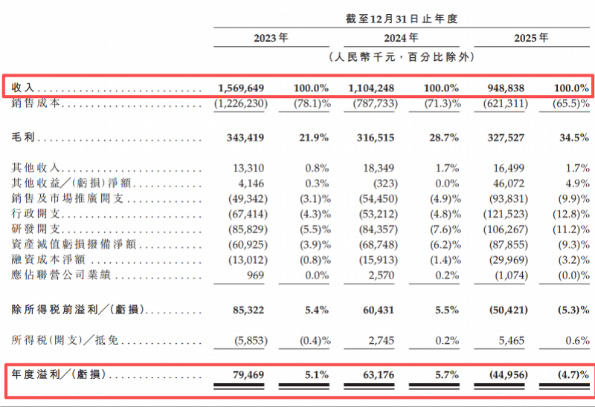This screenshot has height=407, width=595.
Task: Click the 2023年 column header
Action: point(271,38)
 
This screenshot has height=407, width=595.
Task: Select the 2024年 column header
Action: point(401,38)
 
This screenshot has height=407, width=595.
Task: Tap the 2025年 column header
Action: point(531,38)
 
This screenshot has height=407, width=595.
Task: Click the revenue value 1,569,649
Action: point(241,88)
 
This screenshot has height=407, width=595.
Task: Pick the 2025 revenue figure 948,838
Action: point(506,88)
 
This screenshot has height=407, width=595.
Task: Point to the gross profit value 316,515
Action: point(376,137)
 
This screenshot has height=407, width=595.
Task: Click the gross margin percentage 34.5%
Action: point(574,137)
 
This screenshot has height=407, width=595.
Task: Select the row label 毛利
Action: point(23,137)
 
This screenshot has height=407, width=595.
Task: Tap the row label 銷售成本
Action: point(36,103)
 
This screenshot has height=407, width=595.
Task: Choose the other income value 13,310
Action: point(248,168)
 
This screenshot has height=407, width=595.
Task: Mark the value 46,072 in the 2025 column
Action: point(509,183)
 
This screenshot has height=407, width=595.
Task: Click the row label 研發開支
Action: point(36,229)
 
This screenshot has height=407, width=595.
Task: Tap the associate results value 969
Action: point(255,275)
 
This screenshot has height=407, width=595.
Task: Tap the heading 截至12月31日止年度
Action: point(402,19)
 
